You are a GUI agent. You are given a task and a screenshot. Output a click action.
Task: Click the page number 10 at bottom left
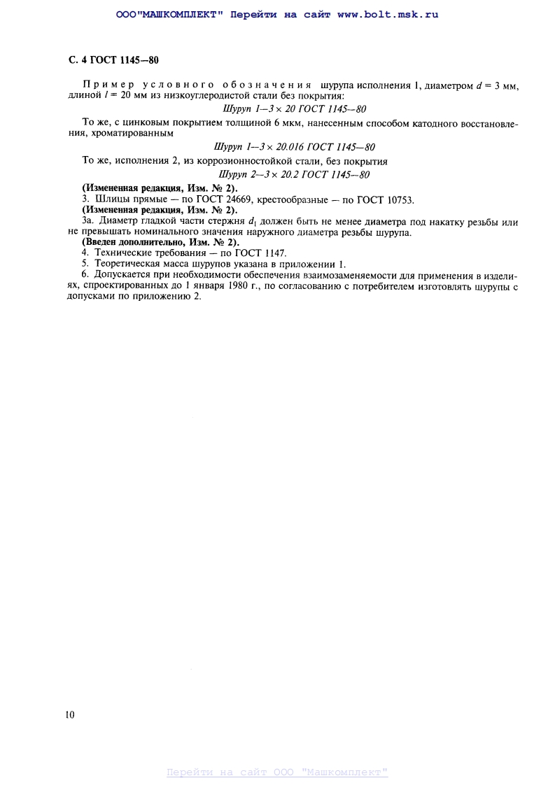69,714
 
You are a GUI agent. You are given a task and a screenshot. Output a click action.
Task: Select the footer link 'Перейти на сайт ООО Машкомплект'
277,772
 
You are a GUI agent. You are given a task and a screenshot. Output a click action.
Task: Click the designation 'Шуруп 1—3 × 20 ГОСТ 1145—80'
295,109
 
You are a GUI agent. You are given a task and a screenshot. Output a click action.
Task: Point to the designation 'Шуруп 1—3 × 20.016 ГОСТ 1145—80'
295,147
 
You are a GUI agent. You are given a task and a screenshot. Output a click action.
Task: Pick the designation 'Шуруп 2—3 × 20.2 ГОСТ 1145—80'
295,174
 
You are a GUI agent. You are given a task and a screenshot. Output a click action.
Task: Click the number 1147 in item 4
274,253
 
